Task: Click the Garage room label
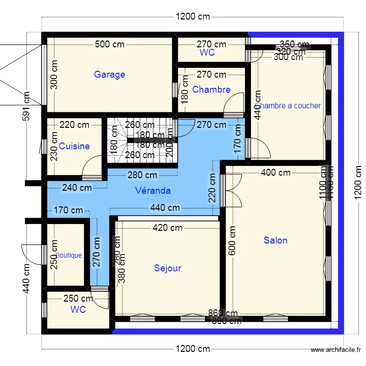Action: pos(109,75)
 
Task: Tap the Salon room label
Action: pos(275,240)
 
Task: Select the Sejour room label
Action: pos(167,268)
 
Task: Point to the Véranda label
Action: pos(153,190)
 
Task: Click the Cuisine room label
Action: pos(74,146)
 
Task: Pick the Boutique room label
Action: pos(69,255)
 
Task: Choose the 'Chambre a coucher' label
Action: pos(288,105)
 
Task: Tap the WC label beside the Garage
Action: pos(207,53)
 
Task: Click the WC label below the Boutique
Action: pos(78,309)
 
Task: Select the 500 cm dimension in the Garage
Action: pos(109,44)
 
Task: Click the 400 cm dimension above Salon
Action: pos(276,172)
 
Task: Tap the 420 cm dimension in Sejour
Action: pos(167,227)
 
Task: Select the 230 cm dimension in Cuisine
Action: pos(54,147)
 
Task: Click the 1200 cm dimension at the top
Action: pos(193,17)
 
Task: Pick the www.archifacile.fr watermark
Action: pos(336,350)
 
